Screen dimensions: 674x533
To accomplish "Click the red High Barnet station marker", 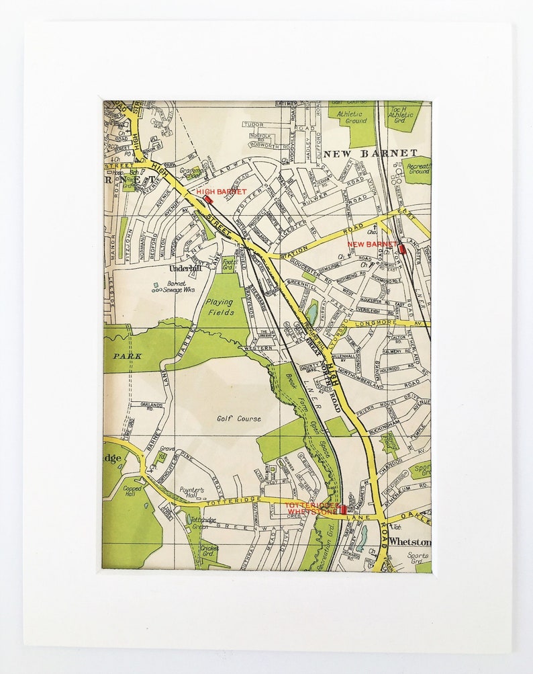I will [208, 199].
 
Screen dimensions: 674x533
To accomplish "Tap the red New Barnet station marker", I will [403, 249].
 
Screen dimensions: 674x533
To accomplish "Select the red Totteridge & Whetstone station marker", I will [343, 510].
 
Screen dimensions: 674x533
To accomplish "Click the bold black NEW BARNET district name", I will [370, 153].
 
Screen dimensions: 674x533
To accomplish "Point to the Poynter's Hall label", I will [192, 491].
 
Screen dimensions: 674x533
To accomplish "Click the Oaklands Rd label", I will [152, 405].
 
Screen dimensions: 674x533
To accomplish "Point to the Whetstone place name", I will [410, 542].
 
